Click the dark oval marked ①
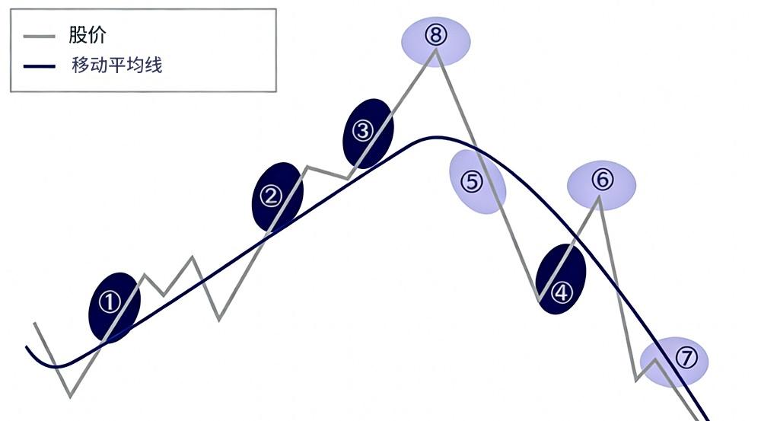(x=115, y=307)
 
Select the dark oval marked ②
(x=277, y=196)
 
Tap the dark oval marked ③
(x=368, y=131)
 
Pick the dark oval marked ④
(x=561, y=280)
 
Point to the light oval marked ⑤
(x=477, y=182)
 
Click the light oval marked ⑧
(x=436, y=40)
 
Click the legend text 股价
(x=88, y=35)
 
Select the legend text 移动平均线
(x=116, y=65)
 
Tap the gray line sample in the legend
(x=40, y=36)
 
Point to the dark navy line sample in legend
(x=40, y=66)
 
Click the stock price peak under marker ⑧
(x=435, y=50)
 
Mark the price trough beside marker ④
(x=539, y=301)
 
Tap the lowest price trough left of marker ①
(x=70, y=396)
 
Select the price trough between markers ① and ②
(x=219, y=319)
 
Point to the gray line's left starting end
(x=34, y=324)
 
